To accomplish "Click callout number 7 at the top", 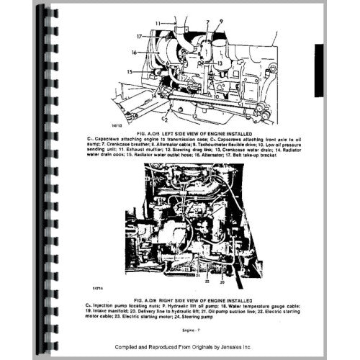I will coord(207,22).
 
